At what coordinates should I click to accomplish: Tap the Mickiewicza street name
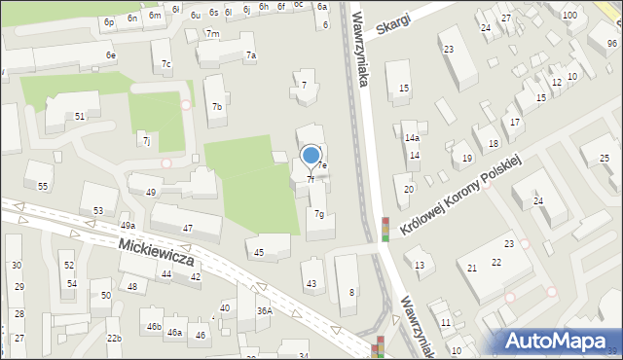click(x=157, y=253)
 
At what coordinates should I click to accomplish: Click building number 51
click(x=80, y=116)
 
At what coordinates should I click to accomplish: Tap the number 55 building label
click(x=43, y=186)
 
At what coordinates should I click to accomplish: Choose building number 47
click(x=188, y=229)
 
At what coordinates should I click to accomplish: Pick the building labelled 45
click(x=258, y=253)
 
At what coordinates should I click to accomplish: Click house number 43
click(x=311, y=284)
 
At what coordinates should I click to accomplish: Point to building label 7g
click(x=319, y=214)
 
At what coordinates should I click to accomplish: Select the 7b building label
click(x=217, y=107)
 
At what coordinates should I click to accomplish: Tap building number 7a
click(x=251, y=55)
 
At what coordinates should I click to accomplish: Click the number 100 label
click(x=568, y=16)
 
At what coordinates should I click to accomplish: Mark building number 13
click(x=420, y=265)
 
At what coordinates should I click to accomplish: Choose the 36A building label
click(x=264, y=311)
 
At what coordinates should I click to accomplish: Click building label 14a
click(x=413, y=138)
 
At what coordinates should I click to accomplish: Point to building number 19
click(x=467, y=158)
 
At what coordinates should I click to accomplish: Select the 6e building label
click(x=111, y=55)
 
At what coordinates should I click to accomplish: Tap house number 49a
click(x=127, y=226)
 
